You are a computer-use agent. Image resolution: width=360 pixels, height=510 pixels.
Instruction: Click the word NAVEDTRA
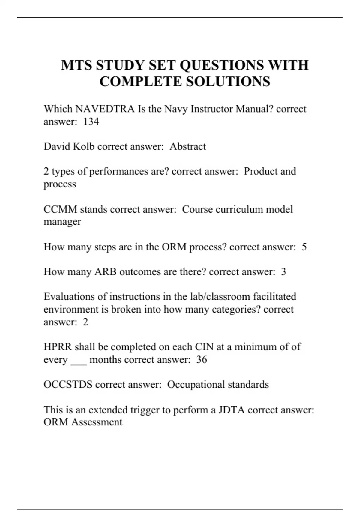[105, 109]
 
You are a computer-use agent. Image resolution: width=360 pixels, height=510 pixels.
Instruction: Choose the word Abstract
[188, 146]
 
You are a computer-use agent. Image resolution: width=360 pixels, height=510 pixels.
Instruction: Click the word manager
[62, 222]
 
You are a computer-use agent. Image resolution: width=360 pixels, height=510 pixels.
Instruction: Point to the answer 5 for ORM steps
[304, 247]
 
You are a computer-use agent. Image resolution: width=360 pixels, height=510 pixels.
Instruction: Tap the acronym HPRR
[57, 347]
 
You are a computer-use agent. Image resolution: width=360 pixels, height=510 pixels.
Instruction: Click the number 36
[202, 359]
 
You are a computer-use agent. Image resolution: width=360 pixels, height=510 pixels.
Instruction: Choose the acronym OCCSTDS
[68, 384]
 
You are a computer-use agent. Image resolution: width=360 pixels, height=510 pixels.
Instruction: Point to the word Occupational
[196, 384]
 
